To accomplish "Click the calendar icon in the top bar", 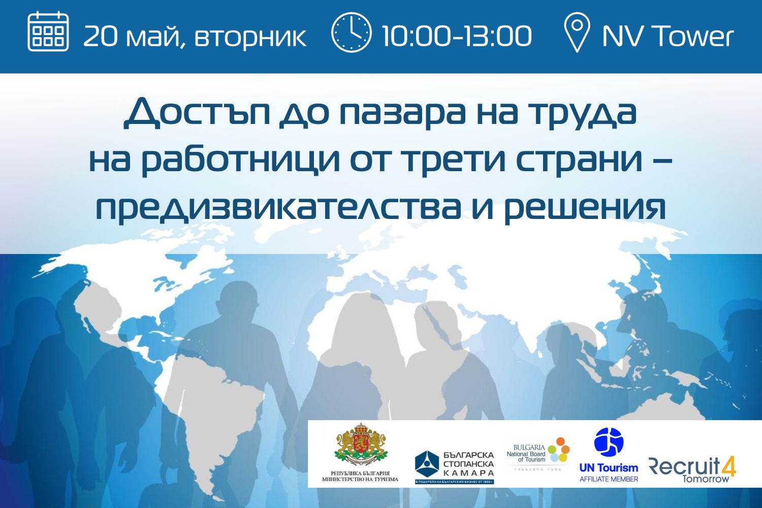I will coord(48,31).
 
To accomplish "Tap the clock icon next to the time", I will coord(351,33).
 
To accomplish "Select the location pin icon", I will coord(577,33).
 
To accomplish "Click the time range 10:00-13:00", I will coord(456,36).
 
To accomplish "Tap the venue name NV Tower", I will coord(668,36).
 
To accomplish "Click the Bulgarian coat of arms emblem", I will coord(360,445).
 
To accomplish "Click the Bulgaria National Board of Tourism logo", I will coord(538,452).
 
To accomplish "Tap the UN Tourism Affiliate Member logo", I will coord(609,454).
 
